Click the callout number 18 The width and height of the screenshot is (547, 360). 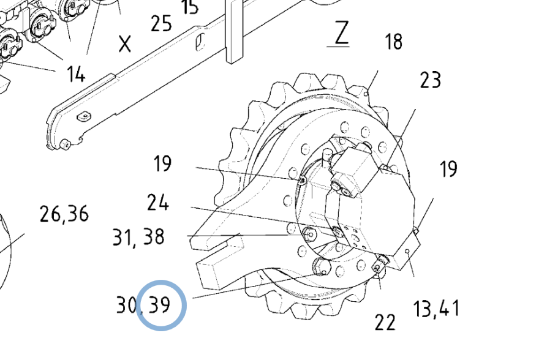tap(393, 42)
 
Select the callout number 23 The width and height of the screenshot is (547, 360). tap(430, 80)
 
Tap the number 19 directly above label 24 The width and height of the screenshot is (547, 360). tap(162, 163)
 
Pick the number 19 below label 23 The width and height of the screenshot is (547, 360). tap(448, 169)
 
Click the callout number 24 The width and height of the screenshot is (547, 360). tap(158, 203)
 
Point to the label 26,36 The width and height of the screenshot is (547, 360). tap(64, 214)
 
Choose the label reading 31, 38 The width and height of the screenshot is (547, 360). tap(138, 236)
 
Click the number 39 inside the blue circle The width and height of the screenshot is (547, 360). tap(160, 304)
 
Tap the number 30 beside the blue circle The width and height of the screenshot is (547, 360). tap(127, 304)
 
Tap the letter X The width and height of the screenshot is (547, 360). tap(125, 43)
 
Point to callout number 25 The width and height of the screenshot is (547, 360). tap(161, 24)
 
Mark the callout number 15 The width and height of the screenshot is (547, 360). tap(190, 7)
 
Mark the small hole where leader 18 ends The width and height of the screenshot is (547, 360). tap(367, 93)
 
